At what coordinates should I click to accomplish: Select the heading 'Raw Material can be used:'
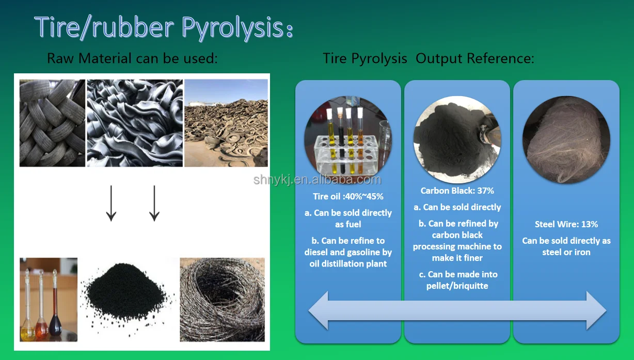[132, 58]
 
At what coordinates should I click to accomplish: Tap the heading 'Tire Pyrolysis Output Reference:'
[428, 58]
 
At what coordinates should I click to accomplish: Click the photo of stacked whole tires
[52, 123]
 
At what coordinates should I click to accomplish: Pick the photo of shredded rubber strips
[135, 123]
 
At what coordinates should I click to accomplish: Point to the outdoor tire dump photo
[226, 123]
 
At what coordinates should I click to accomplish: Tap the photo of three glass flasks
[49, 300]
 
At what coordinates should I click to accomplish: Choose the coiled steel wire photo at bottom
[222, 300]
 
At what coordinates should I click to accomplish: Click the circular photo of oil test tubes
[347, 140]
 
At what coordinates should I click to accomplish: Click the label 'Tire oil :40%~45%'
[348, 196]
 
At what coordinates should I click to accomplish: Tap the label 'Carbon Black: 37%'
[457, 191]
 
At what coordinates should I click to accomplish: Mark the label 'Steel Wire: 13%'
[566, 224]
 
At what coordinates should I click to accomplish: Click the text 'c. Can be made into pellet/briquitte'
[457, 280]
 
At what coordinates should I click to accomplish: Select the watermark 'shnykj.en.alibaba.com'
[317, 180]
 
